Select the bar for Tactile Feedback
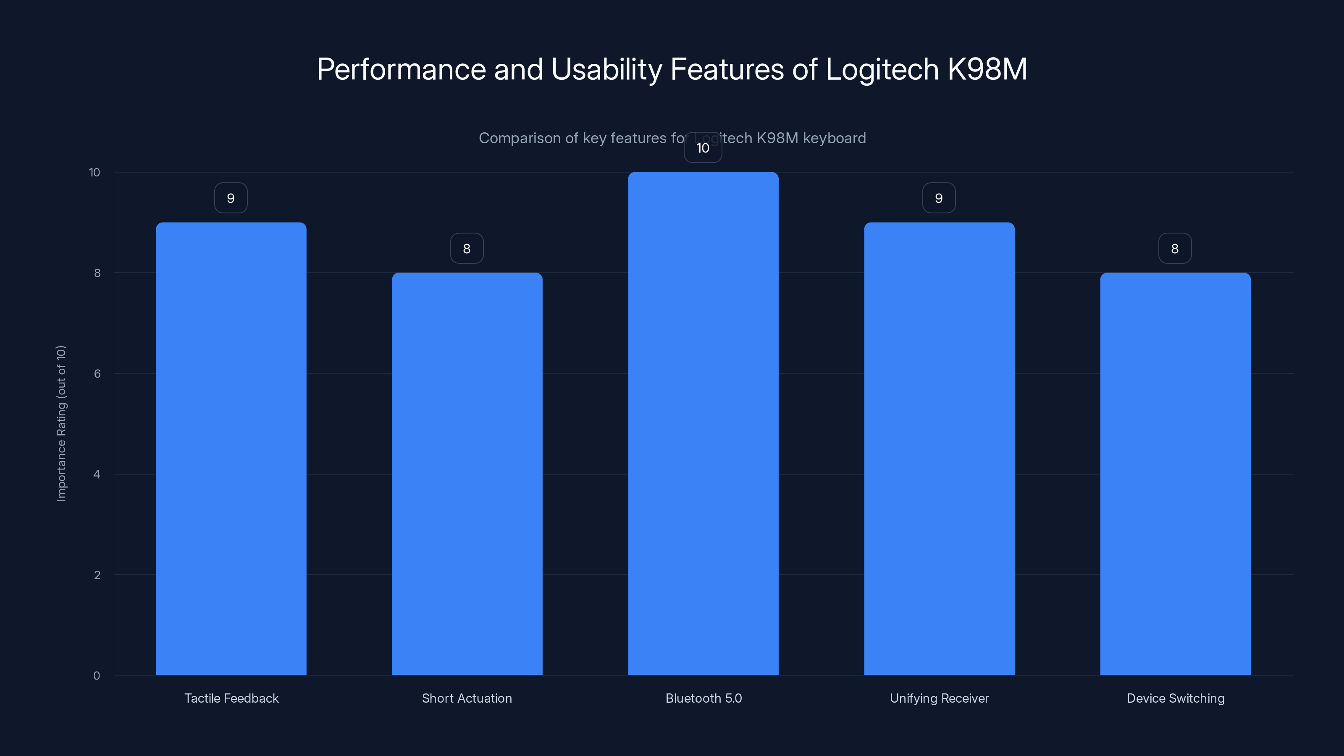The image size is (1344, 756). tap(231, 449)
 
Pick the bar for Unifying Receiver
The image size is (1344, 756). tap(939, 449)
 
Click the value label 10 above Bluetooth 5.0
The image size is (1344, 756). tap(703, 148)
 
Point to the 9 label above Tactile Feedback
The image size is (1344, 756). tap(231, 198)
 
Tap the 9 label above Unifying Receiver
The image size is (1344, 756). tap(939, 198)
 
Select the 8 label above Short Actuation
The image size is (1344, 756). tap(467, 249)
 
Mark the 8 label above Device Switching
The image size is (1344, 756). tap(1174, 249)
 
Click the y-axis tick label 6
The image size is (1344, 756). tap(97, 373)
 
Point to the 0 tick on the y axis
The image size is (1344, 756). tap(97, 676)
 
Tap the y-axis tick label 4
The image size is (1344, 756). tap(97, 474)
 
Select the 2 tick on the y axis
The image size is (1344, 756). tap(97, 575)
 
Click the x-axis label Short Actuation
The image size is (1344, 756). tap(467, 698)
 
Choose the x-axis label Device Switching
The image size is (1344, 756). tap(1175, 698)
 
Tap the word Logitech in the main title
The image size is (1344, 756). tap(882, 69)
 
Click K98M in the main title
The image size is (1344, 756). tap(987, 69)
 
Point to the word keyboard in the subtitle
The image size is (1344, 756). tap(834, 138)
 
